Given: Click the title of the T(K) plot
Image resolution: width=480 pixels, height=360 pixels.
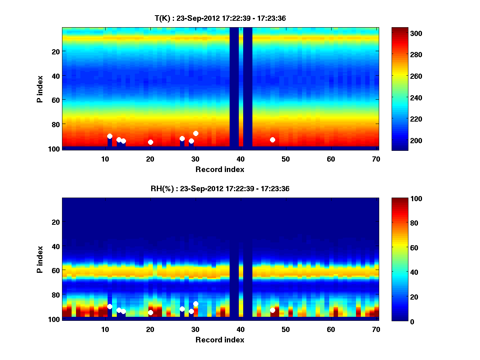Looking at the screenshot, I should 220,18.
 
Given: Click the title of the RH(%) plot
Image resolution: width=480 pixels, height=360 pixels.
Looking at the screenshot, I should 220,189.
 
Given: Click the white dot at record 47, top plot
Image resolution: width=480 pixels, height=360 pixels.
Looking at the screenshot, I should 272,140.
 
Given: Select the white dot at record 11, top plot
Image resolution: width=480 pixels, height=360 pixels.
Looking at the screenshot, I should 110,136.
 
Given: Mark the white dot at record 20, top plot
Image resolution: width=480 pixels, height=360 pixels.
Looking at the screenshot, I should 150,142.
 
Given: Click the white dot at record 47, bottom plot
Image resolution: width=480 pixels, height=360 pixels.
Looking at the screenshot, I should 272,310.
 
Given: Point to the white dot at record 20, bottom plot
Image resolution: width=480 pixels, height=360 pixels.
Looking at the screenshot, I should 150,312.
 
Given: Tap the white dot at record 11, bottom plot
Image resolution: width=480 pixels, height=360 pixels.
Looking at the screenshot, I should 110,306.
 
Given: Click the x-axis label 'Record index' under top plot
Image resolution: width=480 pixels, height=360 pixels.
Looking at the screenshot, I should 220,169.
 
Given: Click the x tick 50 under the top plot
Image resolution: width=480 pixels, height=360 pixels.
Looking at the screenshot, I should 286,159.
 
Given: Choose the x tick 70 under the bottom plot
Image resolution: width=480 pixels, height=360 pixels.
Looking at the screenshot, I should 376,329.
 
